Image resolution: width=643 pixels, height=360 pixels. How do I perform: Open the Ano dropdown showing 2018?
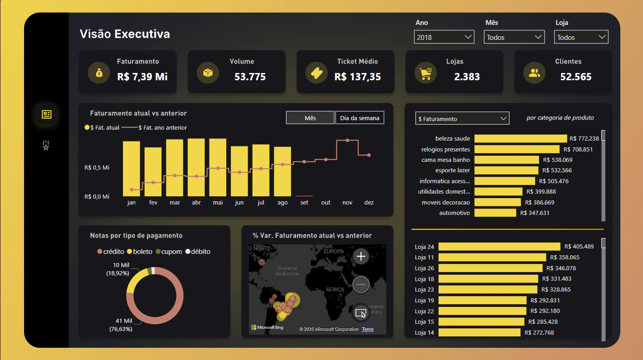pos(444,37)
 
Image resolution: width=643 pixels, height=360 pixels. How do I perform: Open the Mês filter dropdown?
pos(514,37)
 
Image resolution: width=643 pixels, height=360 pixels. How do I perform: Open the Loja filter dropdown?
pos(581,37)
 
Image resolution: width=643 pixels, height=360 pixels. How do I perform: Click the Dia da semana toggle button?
pos(360,118)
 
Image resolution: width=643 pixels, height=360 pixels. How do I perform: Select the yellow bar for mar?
pos(175,168)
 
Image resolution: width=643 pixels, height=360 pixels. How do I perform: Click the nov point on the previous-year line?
pos(347,141)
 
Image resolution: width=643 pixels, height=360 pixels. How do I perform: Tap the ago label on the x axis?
pos(283,202)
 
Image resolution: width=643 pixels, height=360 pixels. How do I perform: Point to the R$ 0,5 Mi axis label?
pos(97,168)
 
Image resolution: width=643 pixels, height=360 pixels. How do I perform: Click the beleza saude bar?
pos(521,139)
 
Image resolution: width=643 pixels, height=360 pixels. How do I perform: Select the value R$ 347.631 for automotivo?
pos(535,213)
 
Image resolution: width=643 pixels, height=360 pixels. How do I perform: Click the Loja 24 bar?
pos(499,247)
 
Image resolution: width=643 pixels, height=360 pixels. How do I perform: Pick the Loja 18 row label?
pos(424,279)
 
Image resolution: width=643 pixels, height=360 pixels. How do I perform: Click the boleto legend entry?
pos(140,252)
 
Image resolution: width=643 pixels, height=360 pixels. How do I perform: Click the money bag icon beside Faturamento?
pos(99,73)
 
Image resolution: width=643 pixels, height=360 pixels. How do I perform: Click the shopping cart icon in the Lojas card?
pos(425,73)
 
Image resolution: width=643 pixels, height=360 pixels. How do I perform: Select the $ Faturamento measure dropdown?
pos(462,118)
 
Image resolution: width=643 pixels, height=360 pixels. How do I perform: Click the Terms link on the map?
pos(368,329)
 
